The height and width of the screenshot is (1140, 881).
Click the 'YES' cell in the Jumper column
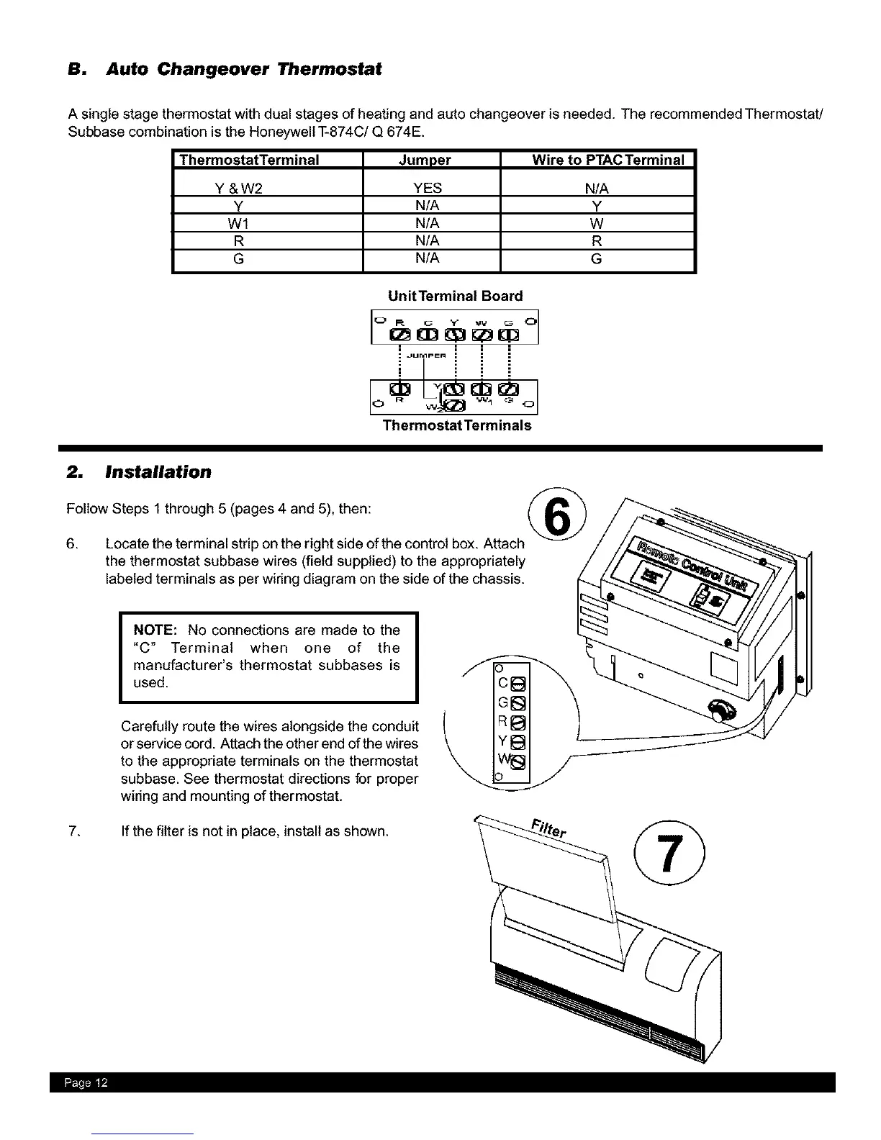[x=428, y=189]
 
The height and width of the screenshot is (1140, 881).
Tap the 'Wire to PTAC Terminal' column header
[x=607, y=160]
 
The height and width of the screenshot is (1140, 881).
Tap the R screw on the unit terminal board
[x=399, y=335]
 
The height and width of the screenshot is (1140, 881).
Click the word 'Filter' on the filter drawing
[x=549, y=829]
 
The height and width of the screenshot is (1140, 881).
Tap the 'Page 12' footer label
[x=85, y=1083]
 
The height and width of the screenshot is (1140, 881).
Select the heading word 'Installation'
[x=158, y=472]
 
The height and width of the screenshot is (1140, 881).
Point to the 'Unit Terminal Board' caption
[x=455, y=296]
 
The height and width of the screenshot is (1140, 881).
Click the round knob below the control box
[x=720, y=712]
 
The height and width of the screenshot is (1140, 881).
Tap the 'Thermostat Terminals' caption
[x=456, y=425]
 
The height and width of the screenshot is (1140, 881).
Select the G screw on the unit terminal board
[x=509, y=335]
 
